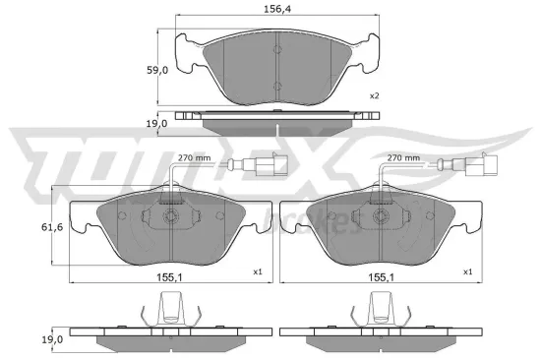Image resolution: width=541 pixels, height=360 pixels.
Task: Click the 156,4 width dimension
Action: pos(276,9)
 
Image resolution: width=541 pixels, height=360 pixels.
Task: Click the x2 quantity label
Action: pos(374,96)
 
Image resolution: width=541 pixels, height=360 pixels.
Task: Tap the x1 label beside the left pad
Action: pos(257,271)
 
